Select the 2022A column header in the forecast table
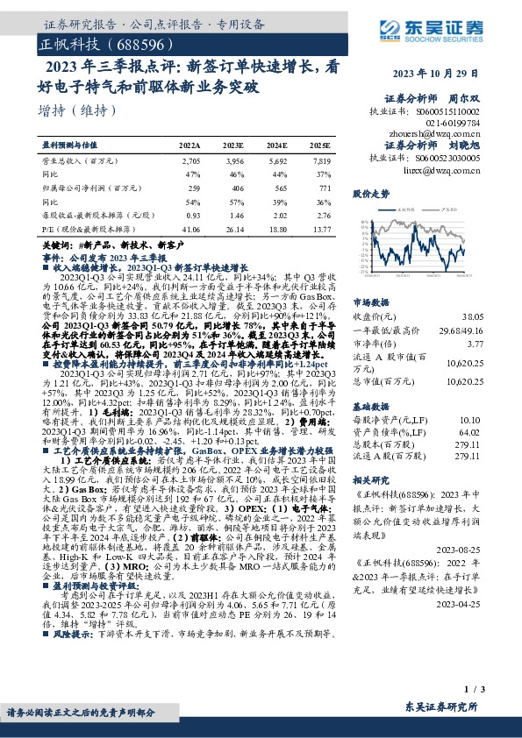[189, 143]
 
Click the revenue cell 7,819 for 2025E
[321, 161]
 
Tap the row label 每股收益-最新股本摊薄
[89, 215]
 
